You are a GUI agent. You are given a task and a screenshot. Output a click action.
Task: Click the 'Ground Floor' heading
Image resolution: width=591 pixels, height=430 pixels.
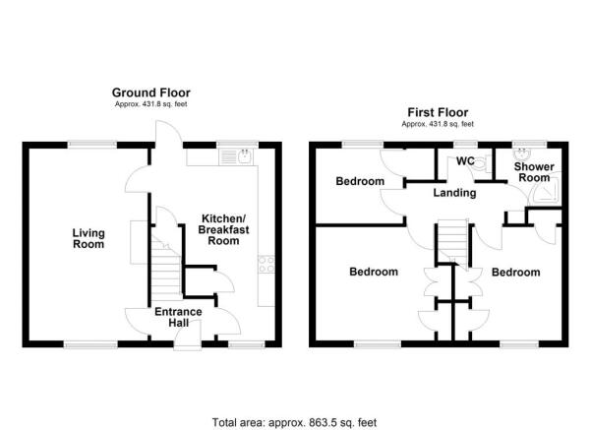[150, 92]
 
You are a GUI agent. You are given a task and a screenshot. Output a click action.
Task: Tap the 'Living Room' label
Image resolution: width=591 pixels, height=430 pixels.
[88, 238]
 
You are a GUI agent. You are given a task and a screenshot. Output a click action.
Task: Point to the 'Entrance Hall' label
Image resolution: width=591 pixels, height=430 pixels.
[178, 317]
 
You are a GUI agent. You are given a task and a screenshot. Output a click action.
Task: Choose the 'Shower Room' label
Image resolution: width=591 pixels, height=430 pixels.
[533, 171]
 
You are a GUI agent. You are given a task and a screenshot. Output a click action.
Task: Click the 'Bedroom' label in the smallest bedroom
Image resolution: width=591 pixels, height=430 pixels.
[358, 181]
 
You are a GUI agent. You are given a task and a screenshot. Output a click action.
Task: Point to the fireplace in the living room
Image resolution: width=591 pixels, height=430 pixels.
[135, 235]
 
